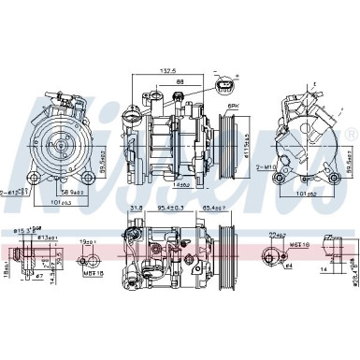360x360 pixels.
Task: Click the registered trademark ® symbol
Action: [351, 136]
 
